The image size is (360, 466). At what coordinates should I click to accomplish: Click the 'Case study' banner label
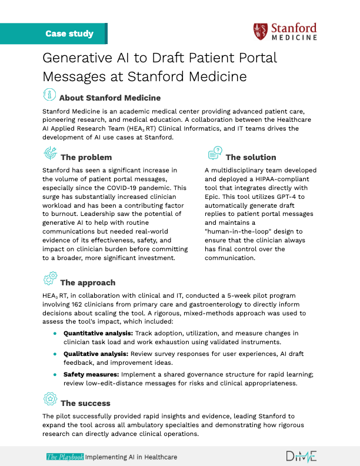click(69, 34)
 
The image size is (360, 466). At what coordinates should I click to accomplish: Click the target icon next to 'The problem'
click(51, 154)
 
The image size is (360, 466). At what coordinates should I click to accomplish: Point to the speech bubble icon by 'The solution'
click(215, 154)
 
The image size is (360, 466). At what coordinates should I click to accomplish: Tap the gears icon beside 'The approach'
click(50, 279)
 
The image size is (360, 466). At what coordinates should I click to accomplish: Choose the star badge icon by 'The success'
click(50, 401)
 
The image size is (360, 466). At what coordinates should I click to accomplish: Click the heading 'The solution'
click(251, 157)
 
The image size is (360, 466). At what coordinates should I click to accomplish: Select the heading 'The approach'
click(88, 282)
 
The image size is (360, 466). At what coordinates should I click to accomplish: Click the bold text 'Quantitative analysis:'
click(98, 333)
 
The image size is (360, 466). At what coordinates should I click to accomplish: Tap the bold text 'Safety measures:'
click(89, 374)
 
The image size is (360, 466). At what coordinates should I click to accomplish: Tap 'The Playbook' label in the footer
click(65, 457)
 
